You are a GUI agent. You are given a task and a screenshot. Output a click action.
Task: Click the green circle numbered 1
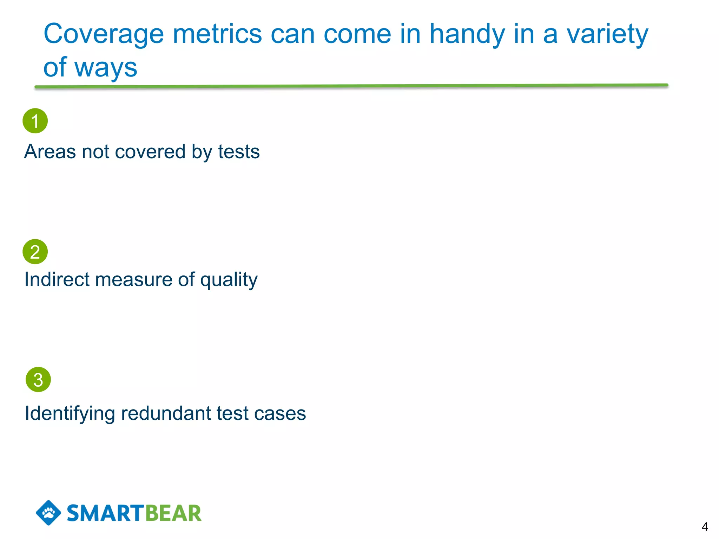[35, 121]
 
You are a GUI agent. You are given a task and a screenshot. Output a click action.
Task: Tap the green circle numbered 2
[35, 252]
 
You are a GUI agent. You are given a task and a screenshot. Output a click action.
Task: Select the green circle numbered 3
[38, 379]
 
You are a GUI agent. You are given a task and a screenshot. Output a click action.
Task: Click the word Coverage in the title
[104, 34]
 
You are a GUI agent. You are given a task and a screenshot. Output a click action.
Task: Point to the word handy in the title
[467, 34]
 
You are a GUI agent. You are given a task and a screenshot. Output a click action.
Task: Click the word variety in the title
[607, 34]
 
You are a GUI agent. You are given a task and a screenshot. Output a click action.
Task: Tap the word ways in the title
[106, 68]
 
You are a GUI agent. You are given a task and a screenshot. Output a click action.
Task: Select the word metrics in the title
[217, 34]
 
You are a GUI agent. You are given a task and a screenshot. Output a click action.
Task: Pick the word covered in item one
[150, 152]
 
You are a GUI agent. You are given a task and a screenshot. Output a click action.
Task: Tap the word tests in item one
[239, 152]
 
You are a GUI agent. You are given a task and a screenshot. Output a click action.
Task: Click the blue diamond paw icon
[48, 513]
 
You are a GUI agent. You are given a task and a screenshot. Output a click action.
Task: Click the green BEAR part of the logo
[173, 513]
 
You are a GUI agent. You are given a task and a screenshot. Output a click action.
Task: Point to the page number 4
[705, 526]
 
